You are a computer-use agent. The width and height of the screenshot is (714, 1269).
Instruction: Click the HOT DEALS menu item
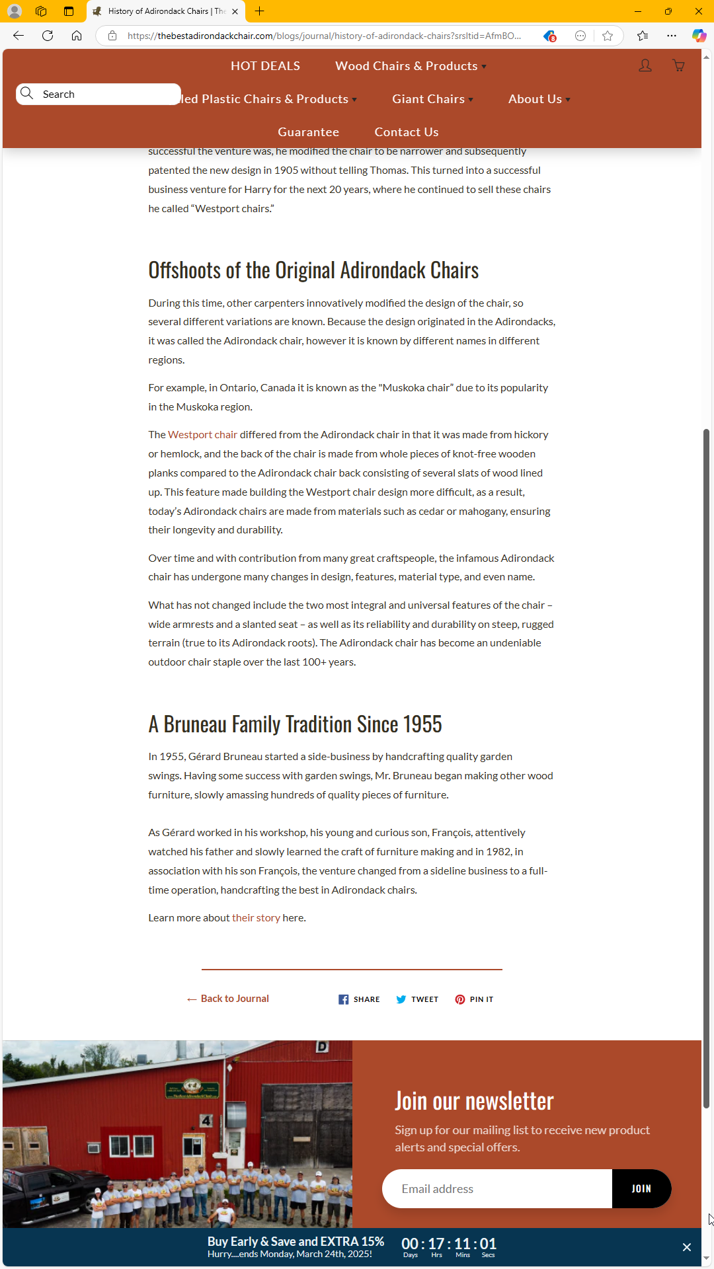pos(265,66)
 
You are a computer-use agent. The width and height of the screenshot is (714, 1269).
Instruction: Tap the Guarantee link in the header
pos(308,132)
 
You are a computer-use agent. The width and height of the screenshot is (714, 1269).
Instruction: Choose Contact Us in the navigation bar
pos(407,132)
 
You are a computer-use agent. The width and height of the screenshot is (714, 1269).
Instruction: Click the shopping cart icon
pos(678,65)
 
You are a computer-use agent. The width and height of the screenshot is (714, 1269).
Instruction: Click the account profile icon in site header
pos(645,65)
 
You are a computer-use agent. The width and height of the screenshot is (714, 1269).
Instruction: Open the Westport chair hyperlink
pos(202,435)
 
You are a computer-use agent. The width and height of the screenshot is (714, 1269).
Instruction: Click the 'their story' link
pos(256,918)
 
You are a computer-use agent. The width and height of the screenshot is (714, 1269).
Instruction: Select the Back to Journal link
pos(228,999)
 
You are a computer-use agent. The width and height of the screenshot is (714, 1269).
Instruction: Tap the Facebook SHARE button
pos(359,999)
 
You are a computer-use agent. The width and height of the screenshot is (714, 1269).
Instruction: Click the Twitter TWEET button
pos(417,999)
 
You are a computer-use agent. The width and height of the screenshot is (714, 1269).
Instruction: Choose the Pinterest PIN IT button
pos(474,999)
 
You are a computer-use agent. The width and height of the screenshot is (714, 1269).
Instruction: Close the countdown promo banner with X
pos(687,1247)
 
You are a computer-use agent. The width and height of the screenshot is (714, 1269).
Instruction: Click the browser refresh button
pos(48,36)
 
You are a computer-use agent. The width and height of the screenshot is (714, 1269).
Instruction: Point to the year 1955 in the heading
pos(422,724)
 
